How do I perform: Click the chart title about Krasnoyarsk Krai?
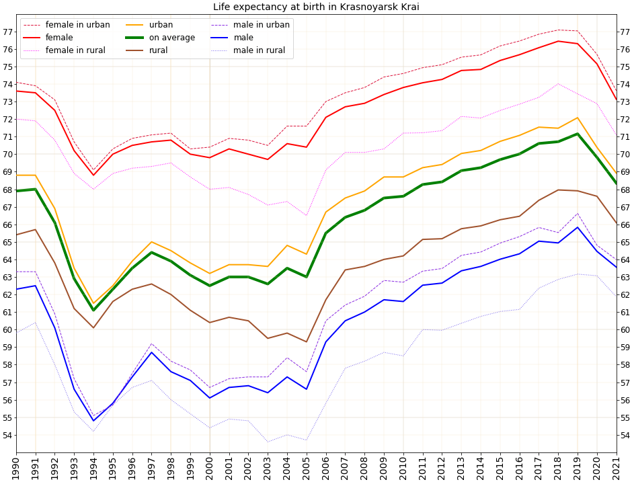click(316, 7)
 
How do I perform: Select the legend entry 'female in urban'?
click(77, 25)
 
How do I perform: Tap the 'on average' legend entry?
click(171, 38)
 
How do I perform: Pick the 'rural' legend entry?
click(158, 50)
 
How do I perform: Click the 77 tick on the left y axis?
click(8, 32)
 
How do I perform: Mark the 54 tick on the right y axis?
click(624, 435)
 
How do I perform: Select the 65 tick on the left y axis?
click(8, 242)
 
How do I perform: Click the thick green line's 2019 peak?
click(578, 134)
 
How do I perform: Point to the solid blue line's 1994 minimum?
click(93, 421)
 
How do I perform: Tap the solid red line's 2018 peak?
click(558, 41)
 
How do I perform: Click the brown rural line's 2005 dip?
click(307, 342)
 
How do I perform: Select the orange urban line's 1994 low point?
click(93, 303)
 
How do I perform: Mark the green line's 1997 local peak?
click(151, 252)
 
